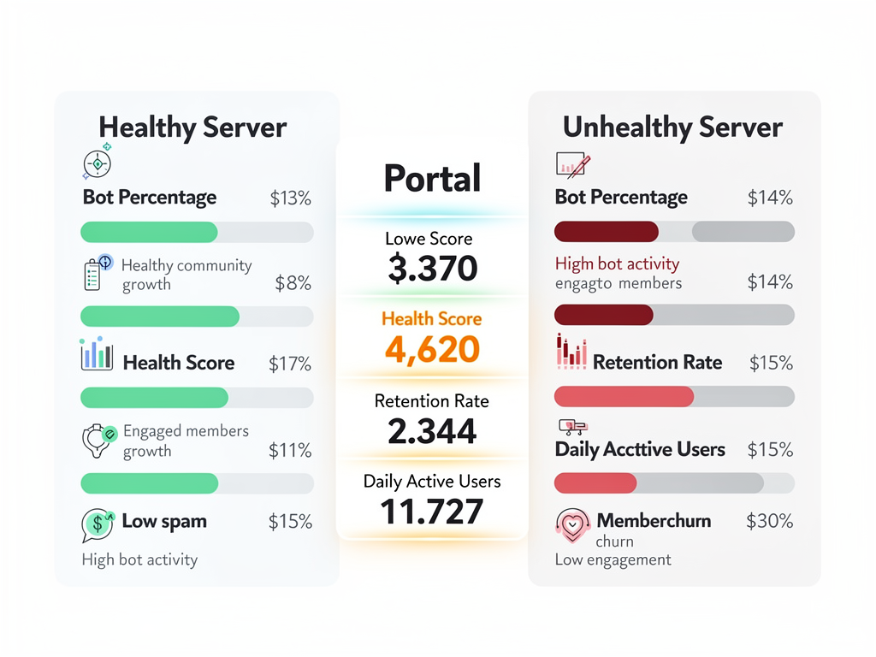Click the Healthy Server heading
click(192, 128)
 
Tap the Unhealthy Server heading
click(672, 128)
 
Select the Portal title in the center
click(432, 178)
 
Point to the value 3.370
click(432, 269)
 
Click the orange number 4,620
click(432, 350)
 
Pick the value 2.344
click(432, 431)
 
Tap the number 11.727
click(432, 512)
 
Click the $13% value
click(291, 198)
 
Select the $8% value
click(293, 283)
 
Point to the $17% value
click(290, 364)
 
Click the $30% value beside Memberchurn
click(769, 520)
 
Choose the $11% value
click(290, 450)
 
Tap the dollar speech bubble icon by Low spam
click(98, 524)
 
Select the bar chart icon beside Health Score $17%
click(97, 354)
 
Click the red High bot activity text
click(617, 263)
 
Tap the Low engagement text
click(613, 559)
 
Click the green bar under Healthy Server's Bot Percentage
click(149, 232)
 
